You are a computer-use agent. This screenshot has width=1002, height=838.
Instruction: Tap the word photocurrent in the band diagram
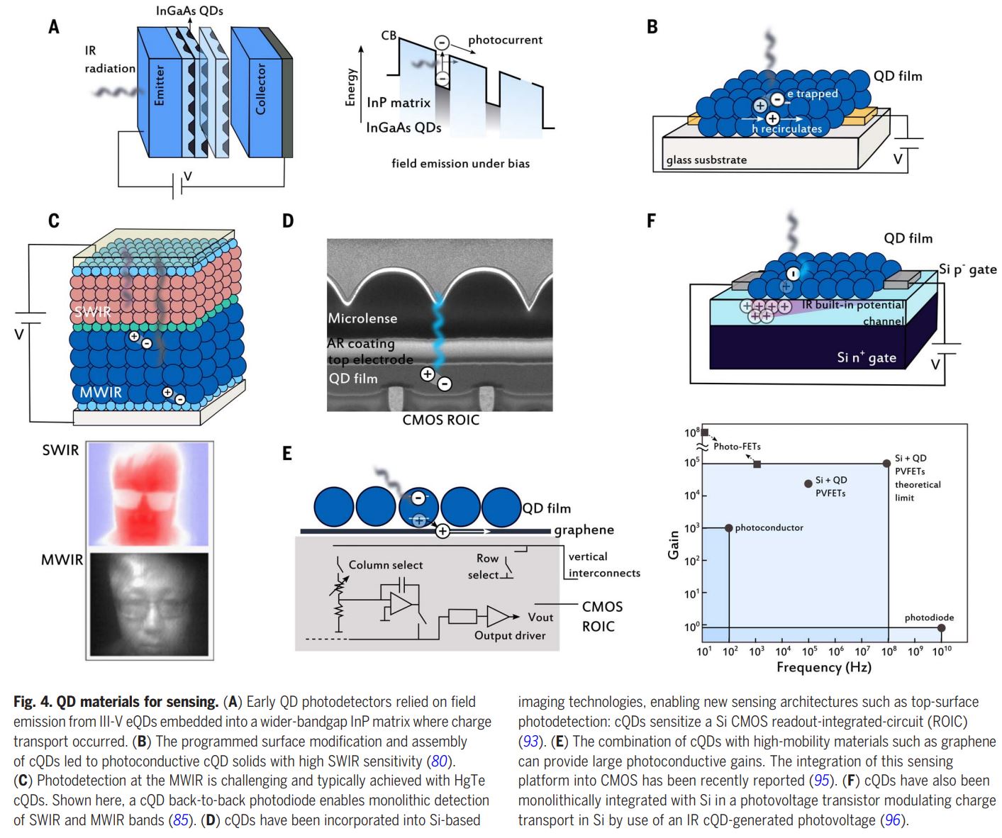[505, 40]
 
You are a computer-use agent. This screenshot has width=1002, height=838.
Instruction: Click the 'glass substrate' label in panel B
[706, 160]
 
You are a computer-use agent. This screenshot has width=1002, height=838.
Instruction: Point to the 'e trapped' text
[812, 94]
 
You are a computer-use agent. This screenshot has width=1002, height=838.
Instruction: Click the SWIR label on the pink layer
[93, 312]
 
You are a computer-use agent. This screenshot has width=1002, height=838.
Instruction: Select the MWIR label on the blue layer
[100, 392]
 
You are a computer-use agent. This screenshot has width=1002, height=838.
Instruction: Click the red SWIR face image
[149, 495]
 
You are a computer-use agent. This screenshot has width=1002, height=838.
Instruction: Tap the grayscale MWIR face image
[149, 605]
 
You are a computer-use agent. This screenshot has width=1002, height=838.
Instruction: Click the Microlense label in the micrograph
[362, 318]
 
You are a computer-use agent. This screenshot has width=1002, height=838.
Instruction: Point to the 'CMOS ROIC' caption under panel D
[440, 420]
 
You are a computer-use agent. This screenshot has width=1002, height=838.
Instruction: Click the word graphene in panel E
[584, 530]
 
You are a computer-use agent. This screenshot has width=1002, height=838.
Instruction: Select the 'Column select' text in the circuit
[385, 565]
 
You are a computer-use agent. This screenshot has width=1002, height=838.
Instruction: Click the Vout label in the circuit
[540, 617]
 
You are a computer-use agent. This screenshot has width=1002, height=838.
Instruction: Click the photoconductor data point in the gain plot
[729, 527]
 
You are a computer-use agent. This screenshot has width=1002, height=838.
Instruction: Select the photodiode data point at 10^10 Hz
[941, 628]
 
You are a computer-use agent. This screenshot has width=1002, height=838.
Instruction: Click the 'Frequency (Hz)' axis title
[823, 667]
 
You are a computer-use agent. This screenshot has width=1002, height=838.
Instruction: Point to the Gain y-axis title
[674, 544]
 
